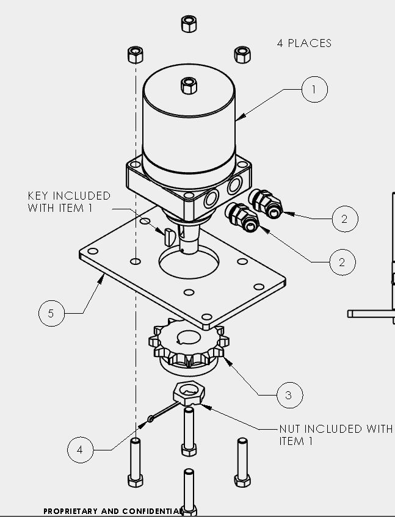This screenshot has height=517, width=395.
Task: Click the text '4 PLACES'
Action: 304,43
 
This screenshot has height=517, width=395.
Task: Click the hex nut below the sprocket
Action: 189,393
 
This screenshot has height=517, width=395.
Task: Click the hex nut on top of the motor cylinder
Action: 189,85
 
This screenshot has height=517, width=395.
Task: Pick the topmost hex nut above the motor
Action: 189,24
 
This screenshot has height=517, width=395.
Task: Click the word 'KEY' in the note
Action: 38,195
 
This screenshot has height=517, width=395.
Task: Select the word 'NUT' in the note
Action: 289,428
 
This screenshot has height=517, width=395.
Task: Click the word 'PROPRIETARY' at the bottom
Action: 70,512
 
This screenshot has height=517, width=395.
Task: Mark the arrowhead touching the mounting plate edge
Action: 102,280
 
